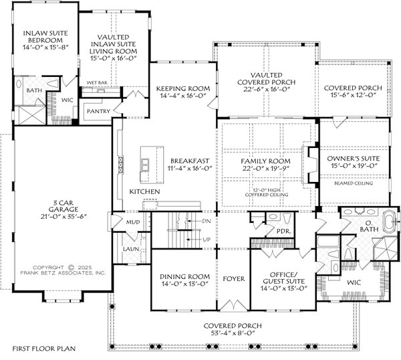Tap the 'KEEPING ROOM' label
coord(182,88)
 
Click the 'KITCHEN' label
coord(144,191)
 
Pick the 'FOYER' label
coord(233,278)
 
